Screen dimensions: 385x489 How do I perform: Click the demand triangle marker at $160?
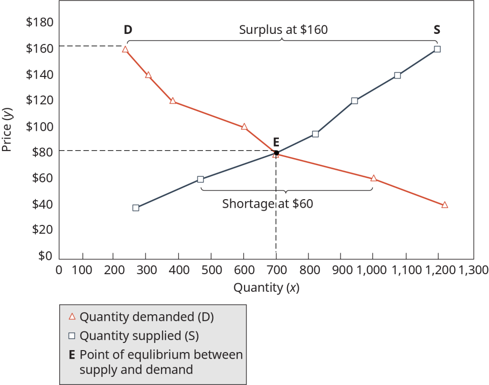click(125, 49)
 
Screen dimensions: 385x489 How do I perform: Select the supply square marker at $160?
click(437, 49)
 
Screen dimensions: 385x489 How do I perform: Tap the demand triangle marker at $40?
click(445, 204)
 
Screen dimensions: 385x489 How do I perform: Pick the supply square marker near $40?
click(136, 208)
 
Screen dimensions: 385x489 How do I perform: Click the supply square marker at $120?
click(354, 100)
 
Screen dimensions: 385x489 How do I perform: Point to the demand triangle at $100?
click(244, 127)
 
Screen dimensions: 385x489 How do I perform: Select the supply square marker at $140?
click(397, 75)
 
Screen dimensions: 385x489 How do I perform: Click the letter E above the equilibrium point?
click(276, 141)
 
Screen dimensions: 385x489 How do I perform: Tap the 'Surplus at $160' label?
click(283, 30)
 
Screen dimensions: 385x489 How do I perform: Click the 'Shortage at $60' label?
click(267, 204)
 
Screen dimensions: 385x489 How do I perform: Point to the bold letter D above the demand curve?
click(128, 30)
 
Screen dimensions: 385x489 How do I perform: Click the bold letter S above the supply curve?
click(436, 30)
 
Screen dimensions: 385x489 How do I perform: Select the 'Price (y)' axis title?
click(7, 129)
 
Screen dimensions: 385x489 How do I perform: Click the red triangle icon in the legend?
click(72, 316)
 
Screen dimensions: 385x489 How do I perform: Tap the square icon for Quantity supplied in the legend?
click(72, 336)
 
